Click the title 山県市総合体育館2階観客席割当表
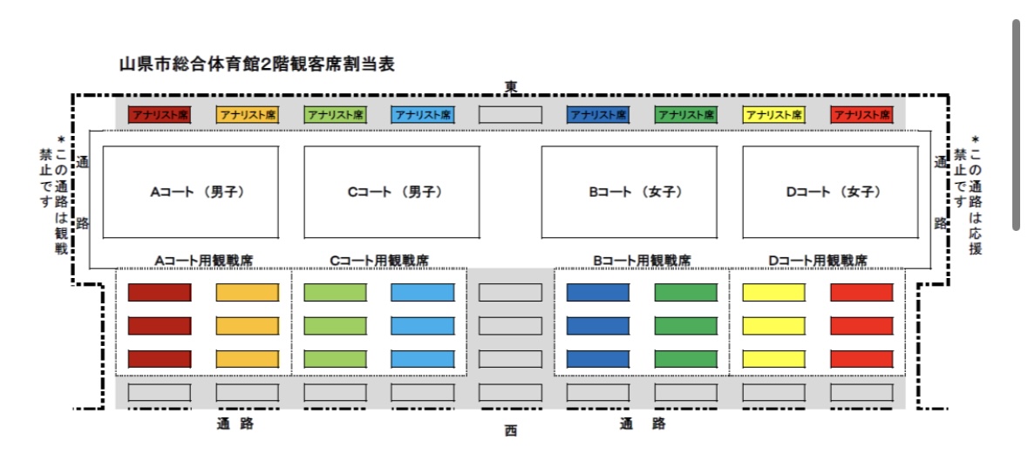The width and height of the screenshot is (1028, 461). point(256,64)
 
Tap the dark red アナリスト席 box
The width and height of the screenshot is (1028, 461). point(160,114)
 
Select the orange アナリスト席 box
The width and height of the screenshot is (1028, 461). point(247,114)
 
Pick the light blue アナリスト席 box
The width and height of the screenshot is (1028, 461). point(423,114)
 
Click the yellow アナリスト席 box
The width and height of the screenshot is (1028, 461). point(773,114)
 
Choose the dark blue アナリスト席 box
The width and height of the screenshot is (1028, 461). point(598,114)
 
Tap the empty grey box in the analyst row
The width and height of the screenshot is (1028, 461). point(510,114)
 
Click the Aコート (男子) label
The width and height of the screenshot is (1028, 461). point(197,192)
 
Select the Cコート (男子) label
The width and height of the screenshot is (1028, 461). point(395,192)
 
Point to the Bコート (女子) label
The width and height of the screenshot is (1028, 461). point(637,192)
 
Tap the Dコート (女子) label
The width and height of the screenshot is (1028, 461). point(834,192)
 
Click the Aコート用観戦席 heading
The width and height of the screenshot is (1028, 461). point(203,261)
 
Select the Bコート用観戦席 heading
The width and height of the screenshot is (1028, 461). point(642,261)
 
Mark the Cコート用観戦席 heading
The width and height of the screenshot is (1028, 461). point(379,261)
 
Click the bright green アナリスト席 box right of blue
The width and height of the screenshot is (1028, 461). point(686,114)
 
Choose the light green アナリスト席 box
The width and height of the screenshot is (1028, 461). point(335,114)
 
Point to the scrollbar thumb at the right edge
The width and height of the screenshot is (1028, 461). point(1016,125)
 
